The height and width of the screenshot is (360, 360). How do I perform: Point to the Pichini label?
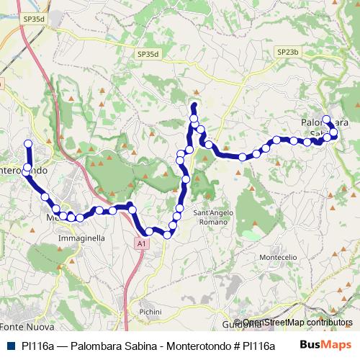(x=152, y=311)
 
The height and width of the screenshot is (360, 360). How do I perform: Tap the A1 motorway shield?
(x=141, y=245)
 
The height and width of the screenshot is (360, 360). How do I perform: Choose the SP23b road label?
(x=286, y=52)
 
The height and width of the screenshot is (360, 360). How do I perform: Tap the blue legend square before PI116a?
(x=11, y=346)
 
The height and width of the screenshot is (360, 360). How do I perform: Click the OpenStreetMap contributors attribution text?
(x=297, y=323)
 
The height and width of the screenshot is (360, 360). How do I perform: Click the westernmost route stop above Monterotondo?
(x=29, y=143)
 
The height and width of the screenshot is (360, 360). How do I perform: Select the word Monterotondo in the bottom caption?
(x=187, y=346)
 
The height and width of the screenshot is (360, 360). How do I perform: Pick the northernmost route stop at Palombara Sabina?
(x=326, y=120)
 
